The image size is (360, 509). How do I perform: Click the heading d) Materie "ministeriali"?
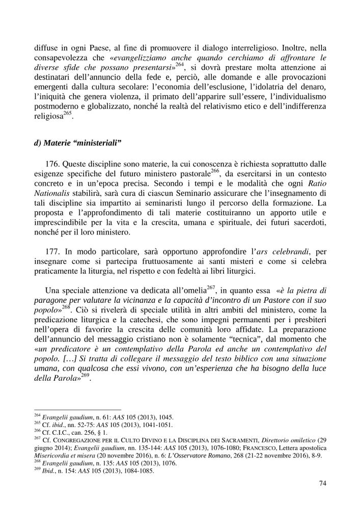(x=77, y=143)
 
